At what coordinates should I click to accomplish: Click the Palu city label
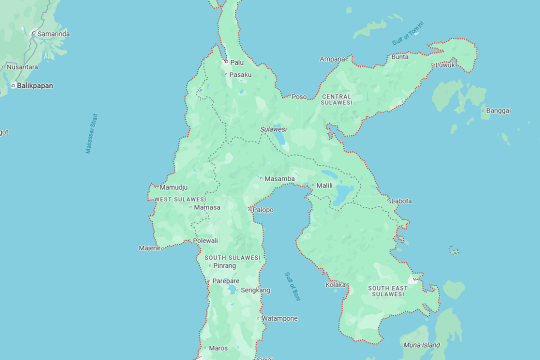[236, 62]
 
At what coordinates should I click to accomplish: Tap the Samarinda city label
[53, 34]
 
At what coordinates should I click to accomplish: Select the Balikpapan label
[34, 85]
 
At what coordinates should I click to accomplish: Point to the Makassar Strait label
[91, 133]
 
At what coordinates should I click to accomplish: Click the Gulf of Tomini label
[407, 33]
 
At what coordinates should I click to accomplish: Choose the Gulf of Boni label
[292, 286]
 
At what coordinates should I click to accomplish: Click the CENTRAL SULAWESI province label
[337, 99]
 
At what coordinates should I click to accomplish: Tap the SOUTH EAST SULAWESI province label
[387, 291]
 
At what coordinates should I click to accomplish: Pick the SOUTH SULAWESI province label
[232, 258]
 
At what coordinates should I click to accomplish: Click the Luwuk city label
[445, 65]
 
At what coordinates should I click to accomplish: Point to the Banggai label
[498, 110]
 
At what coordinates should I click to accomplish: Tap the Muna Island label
[421, 345]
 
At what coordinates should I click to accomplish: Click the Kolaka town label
[335, 285]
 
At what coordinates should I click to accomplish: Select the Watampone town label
[279, 318]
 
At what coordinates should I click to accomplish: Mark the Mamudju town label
[173, 187]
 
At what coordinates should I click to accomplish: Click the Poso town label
[299, 96]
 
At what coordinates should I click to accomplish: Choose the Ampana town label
[332, 59]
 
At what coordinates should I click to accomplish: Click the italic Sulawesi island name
[272, 129]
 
